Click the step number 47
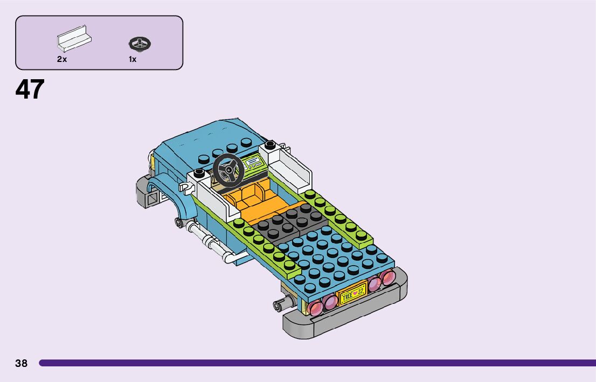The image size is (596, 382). (30, 89)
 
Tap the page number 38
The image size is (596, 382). (22, 363)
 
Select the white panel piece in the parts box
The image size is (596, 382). (74, 39)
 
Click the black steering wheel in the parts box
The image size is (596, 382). (140, 44)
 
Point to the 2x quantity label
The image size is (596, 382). (62, 59)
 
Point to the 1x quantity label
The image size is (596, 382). (132, 59)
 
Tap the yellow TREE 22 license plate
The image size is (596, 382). (352, 294)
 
